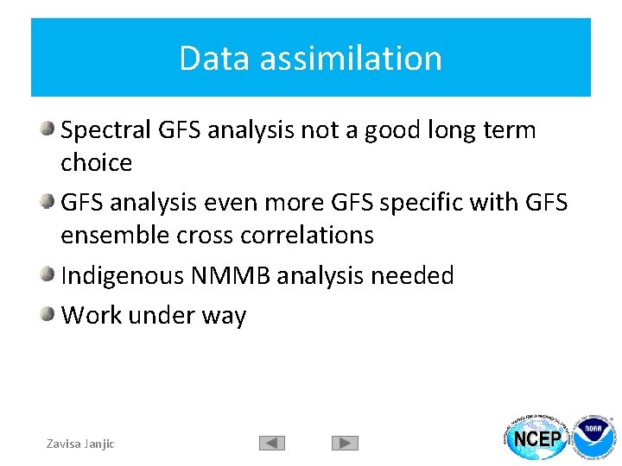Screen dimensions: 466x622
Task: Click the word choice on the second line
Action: tap(97, 163)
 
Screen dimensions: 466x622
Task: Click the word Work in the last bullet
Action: tap(92, 316)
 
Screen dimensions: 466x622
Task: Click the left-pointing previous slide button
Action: tap(272, 444)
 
